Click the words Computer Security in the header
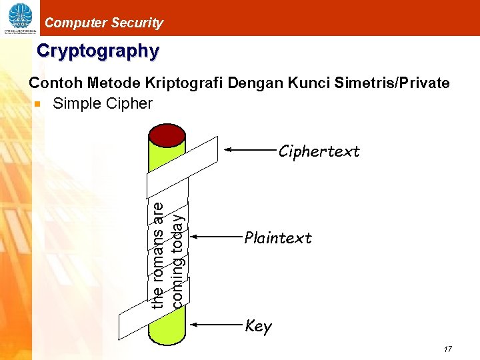tap(103, 23)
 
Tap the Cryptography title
tap(98, 51)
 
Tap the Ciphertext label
tap(319, 151)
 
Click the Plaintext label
tap(278, 238)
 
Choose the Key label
tap(258, 326)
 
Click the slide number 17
tap(447, 349)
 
